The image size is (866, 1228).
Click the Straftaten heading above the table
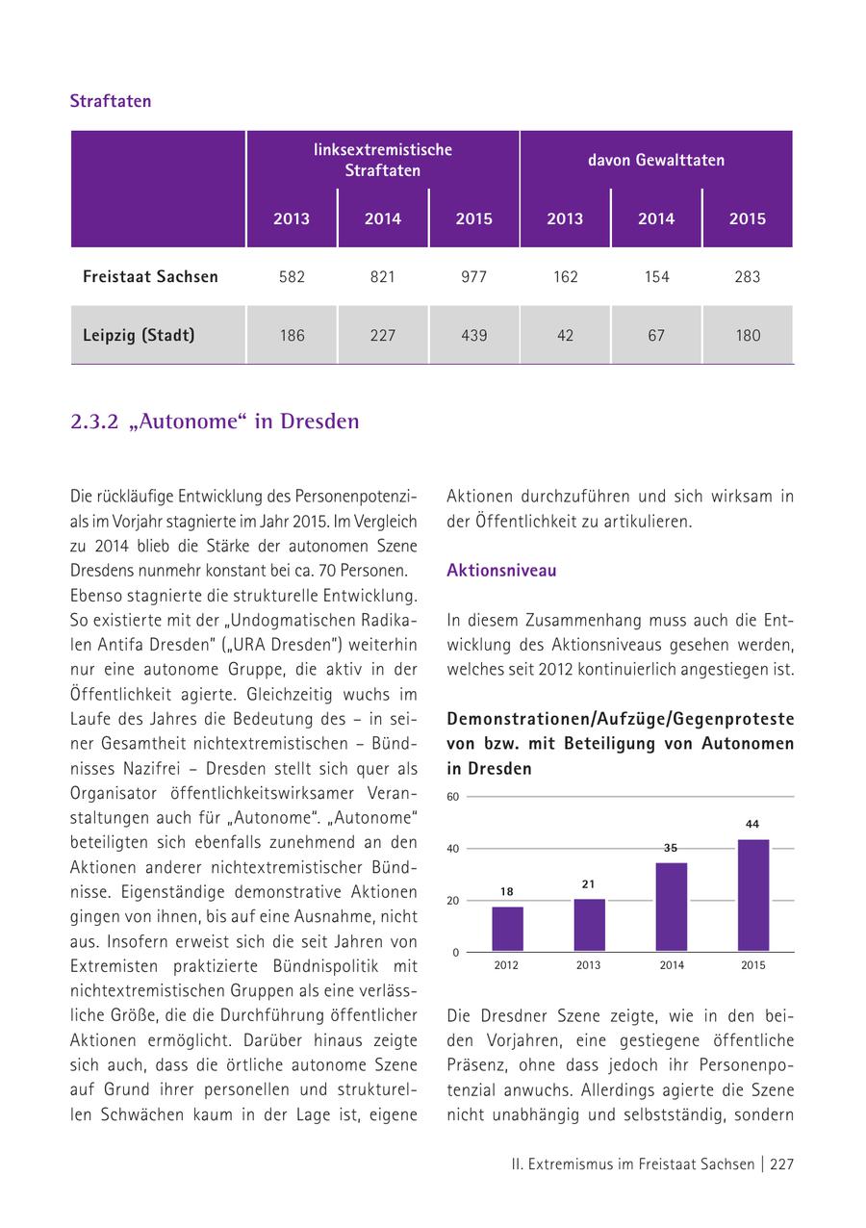point(111,101)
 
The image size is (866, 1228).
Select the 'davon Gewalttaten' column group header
point(656,160)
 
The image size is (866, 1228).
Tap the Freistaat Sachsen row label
point(150,277)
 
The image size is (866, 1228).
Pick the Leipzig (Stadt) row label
point(139,336)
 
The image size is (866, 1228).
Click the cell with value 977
point(473,277)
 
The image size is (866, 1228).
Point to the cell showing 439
point(473,336)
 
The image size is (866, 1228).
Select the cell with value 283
point(747,277)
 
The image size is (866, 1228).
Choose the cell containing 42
point(565,336)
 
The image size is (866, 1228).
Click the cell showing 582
point(292,277)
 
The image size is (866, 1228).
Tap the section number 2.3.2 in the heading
point(94,422)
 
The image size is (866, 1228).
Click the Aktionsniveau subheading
point(501,571)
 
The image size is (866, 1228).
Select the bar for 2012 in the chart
point(507,929)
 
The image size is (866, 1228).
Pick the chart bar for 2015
point(753,895)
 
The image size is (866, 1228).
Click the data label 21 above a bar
point(590,884)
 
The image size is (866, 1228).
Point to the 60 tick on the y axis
point(453,797)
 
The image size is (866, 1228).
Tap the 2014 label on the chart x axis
point(672,965)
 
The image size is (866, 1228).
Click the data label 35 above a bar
point(671,848)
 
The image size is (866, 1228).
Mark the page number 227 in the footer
point(781,1164)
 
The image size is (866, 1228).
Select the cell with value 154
point(656,277)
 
